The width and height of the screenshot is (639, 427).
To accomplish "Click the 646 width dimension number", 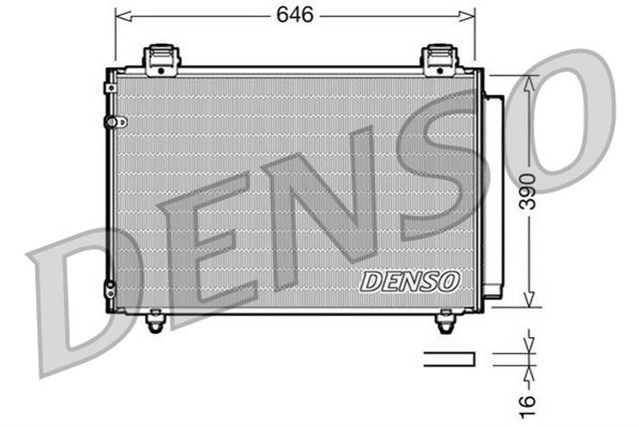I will coord(296,14).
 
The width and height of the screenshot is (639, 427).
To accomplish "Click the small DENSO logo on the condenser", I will coord(409,282).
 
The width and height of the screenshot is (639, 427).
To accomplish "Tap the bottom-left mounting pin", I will coord(154,322).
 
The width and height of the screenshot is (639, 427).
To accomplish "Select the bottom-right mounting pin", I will coord(445,322).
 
